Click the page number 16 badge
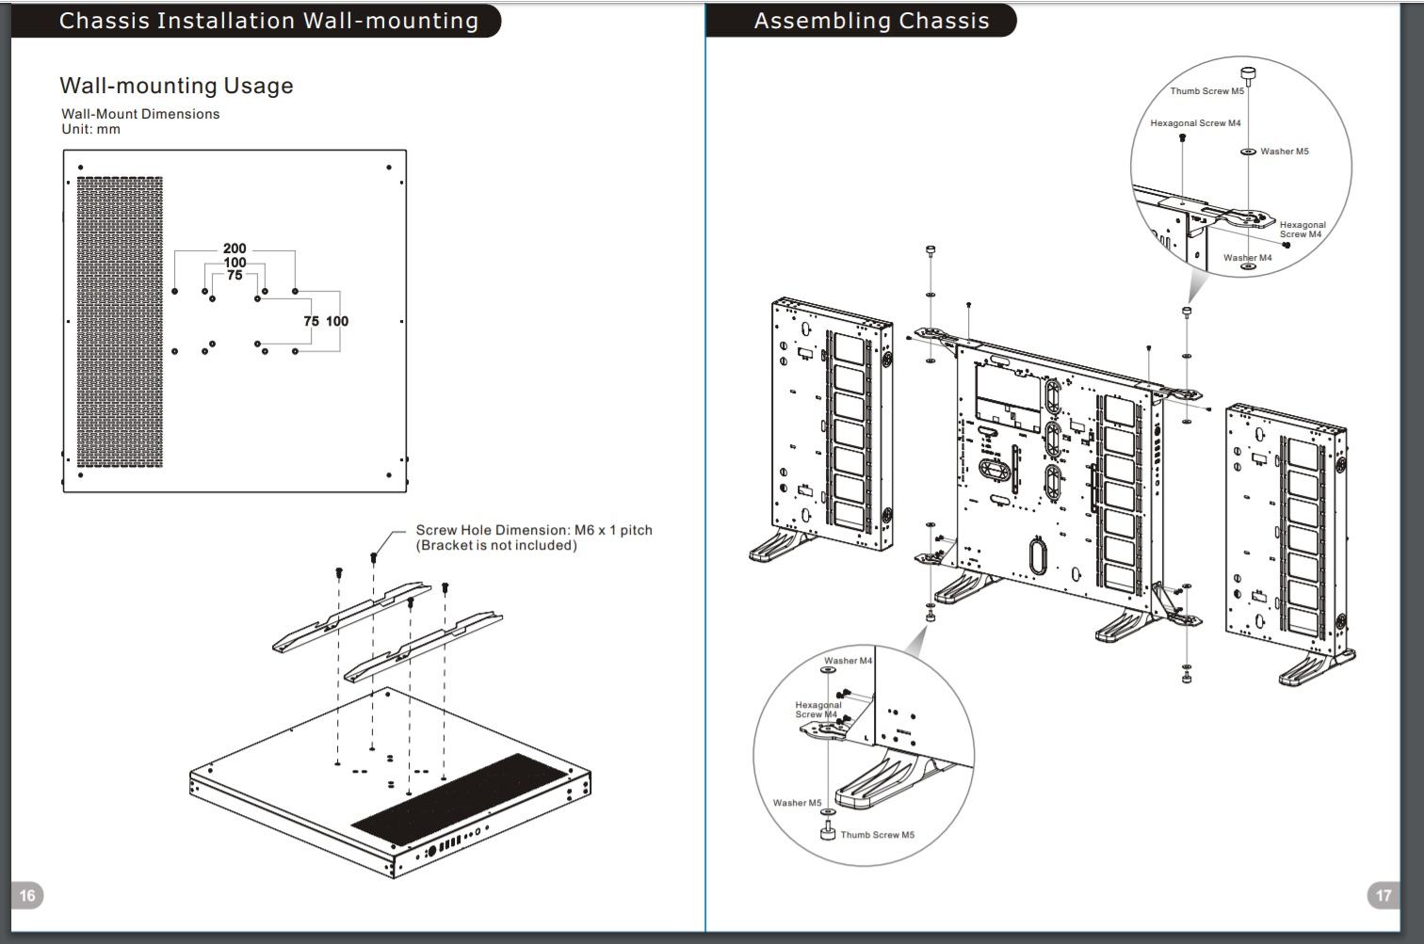[26, 895]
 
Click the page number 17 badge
[1384, 895]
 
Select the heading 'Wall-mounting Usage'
[176, 85]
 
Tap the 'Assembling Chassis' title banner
[862, 21]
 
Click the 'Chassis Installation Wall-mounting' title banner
[256, 21]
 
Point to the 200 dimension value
[235, 248]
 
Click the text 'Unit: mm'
[91, 129]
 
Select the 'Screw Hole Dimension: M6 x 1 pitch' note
[534, 530]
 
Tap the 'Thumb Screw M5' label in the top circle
[1206, 91]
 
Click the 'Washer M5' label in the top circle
[1285, 152]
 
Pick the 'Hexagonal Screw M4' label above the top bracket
[1195, 122]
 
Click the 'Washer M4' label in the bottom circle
[848, 661]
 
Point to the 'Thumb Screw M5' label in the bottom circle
[878, 835]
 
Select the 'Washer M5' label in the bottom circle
[797, 803]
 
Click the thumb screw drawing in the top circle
[1248, 76]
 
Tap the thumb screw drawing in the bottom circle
[828, 830]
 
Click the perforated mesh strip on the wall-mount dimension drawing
[120, 322]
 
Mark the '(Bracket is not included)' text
[496, 545]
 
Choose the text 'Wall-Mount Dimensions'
[140, 114]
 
